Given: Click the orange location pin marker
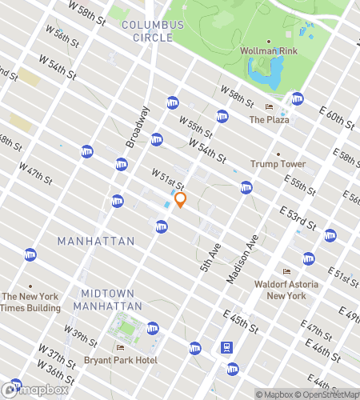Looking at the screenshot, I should click(x=181, y=200).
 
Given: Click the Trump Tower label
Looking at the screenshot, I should click(x=278, y=164).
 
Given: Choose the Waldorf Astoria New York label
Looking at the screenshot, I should click(x=286, y=290).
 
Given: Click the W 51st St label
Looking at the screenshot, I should click(x=168, y=178).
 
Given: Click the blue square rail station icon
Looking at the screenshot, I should click(x=229, y=348).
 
